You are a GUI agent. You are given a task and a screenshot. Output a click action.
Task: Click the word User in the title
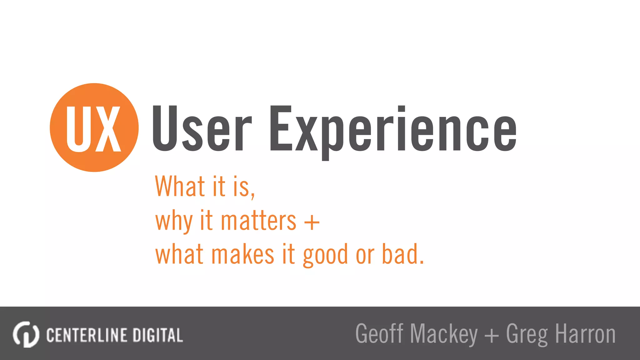click(x=202, y=129)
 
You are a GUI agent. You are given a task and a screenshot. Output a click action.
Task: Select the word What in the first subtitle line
click(x=180, y=187)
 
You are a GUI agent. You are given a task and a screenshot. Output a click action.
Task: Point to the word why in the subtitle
click(x=174, y=221)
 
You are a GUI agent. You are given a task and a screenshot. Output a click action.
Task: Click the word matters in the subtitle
click(x=258, y=221)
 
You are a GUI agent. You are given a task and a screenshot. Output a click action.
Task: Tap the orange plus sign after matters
click(x=312, y=222)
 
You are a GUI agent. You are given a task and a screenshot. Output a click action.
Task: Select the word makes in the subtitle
click(x=243, y=255)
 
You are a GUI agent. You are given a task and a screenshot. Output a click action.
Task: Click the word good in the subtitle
click(x=325, y=255)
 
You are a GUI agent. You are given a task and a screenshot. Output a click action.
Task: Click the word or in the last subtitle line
click(x=365, y=256)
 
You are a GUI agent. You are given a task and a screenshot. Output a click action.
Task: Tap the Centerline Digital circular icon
click(x=26, y=334)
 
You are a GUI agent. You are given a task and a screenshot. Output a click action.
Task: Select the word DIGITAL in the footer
click(x=158, y=335)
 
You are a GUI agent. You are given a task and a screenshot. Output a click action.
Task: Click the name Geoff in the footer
click(x=379, y=334)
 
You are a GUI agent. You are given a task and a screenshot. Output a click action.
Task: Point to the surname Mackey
click(x=444, y=334)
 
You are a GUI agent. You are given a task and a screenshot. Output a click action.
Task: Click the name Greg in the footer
click(x=527, y=334)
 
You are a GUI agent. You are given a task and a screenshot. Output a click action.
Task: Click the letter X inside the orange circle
click(x=107, y=129)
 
